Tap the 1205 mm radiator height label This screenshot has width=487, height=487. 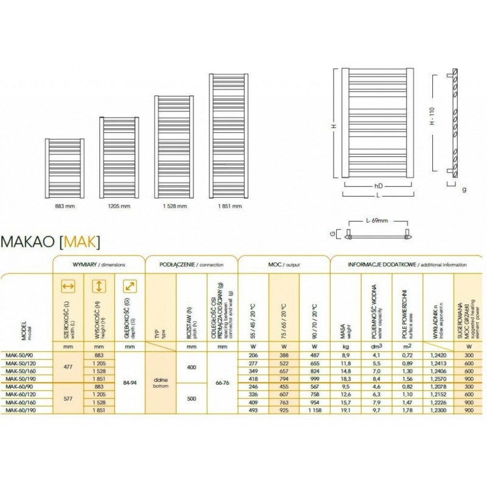click(x=119, y=206)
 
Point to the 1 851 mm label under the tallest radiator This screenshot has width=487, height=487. click(x=229, y=206)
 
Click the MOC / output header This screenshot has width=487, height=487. click(x=284, y=265)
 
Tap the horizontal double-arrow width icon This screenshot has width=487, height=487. click(x=69, y=286)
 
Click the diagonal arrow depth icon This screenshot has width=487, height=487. click(x=129, y=286)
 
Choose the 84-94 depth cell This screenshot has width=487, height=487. click(x=129, y=383)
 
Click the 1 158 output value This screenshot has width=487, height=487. click(x=314, y=412)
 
